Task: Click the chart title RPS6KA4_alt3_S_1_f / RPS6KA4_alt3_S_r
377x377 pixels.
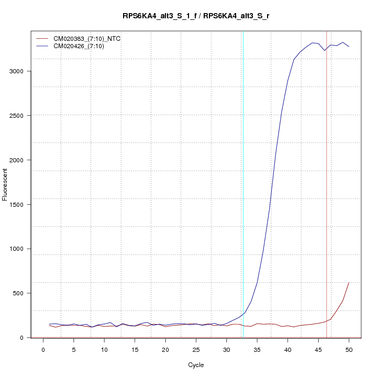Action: [x=196, y=16]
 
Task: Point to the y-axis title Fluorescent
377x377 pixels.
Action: [x=5, y=184]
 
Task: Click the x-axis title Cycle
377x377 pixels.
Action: [x=196, y=365]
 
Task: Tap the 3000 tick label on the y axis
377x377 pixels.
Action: [x=18, y=71]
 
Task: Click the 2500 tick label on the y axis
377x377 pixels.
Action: [x=18, y=116]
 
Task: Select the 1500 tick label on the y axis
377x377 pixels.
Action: [x=18, y=205]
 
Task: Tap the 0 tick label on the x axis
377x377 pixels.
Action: [x=43, y=349]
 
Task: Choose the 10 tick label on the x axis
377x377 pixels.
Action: [x=104, y=349]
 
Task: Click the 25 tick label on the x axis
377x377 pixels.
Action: [x=196, y=349]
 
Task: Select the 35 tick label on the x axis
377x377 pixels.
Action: [x=257, y=349]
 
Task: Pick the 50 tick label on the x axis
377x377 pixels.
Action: [x=349, y=349]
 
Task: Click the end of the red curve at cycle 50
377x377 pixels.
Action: [x=349, y=283]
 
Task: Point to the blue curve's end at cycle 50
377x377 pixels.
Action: [x=349, y=47]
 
